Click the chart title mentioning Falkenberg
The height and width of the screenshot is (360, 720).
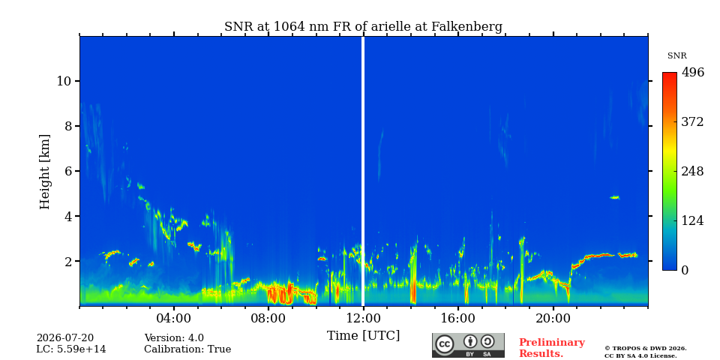click(363, 27)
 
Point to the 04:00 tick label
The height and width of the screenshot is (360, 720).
click(174, 318)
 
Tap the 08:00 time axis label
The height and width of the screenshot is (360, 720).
click(268, 318)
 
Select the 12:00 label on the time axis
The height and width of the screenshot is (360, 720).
click(363, 318)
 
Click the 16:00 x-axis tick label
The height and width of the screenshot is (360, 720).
click(457, 318)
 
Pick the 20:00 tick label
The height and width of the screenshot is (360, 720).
click(553, 318)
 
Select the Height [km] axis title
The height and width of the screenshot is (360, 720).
click(44, 172)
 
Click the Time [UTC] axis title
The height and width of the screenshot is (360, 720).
click(363, 336)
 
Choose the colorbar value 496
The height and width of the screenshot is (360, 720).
click(693, 73)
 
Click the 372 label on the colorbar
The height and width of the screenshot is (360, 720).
click(693, 122)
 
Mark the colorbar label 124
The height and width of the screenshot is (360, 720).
click(693, 220)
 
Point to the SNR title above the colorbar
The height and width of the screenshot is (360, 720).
click(676, 56)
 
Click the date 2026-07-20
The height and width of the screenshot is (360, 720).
click(65, 338)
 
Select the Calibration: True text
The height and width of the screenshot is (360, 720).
click(187, 349)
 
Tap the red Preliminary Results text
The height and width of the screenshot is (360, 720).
click(552, 347)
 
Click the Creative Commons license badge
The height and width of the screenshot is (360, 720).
click(468, 345)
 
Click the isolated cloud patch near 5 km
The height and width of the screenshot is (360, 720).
click(614, 197)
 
